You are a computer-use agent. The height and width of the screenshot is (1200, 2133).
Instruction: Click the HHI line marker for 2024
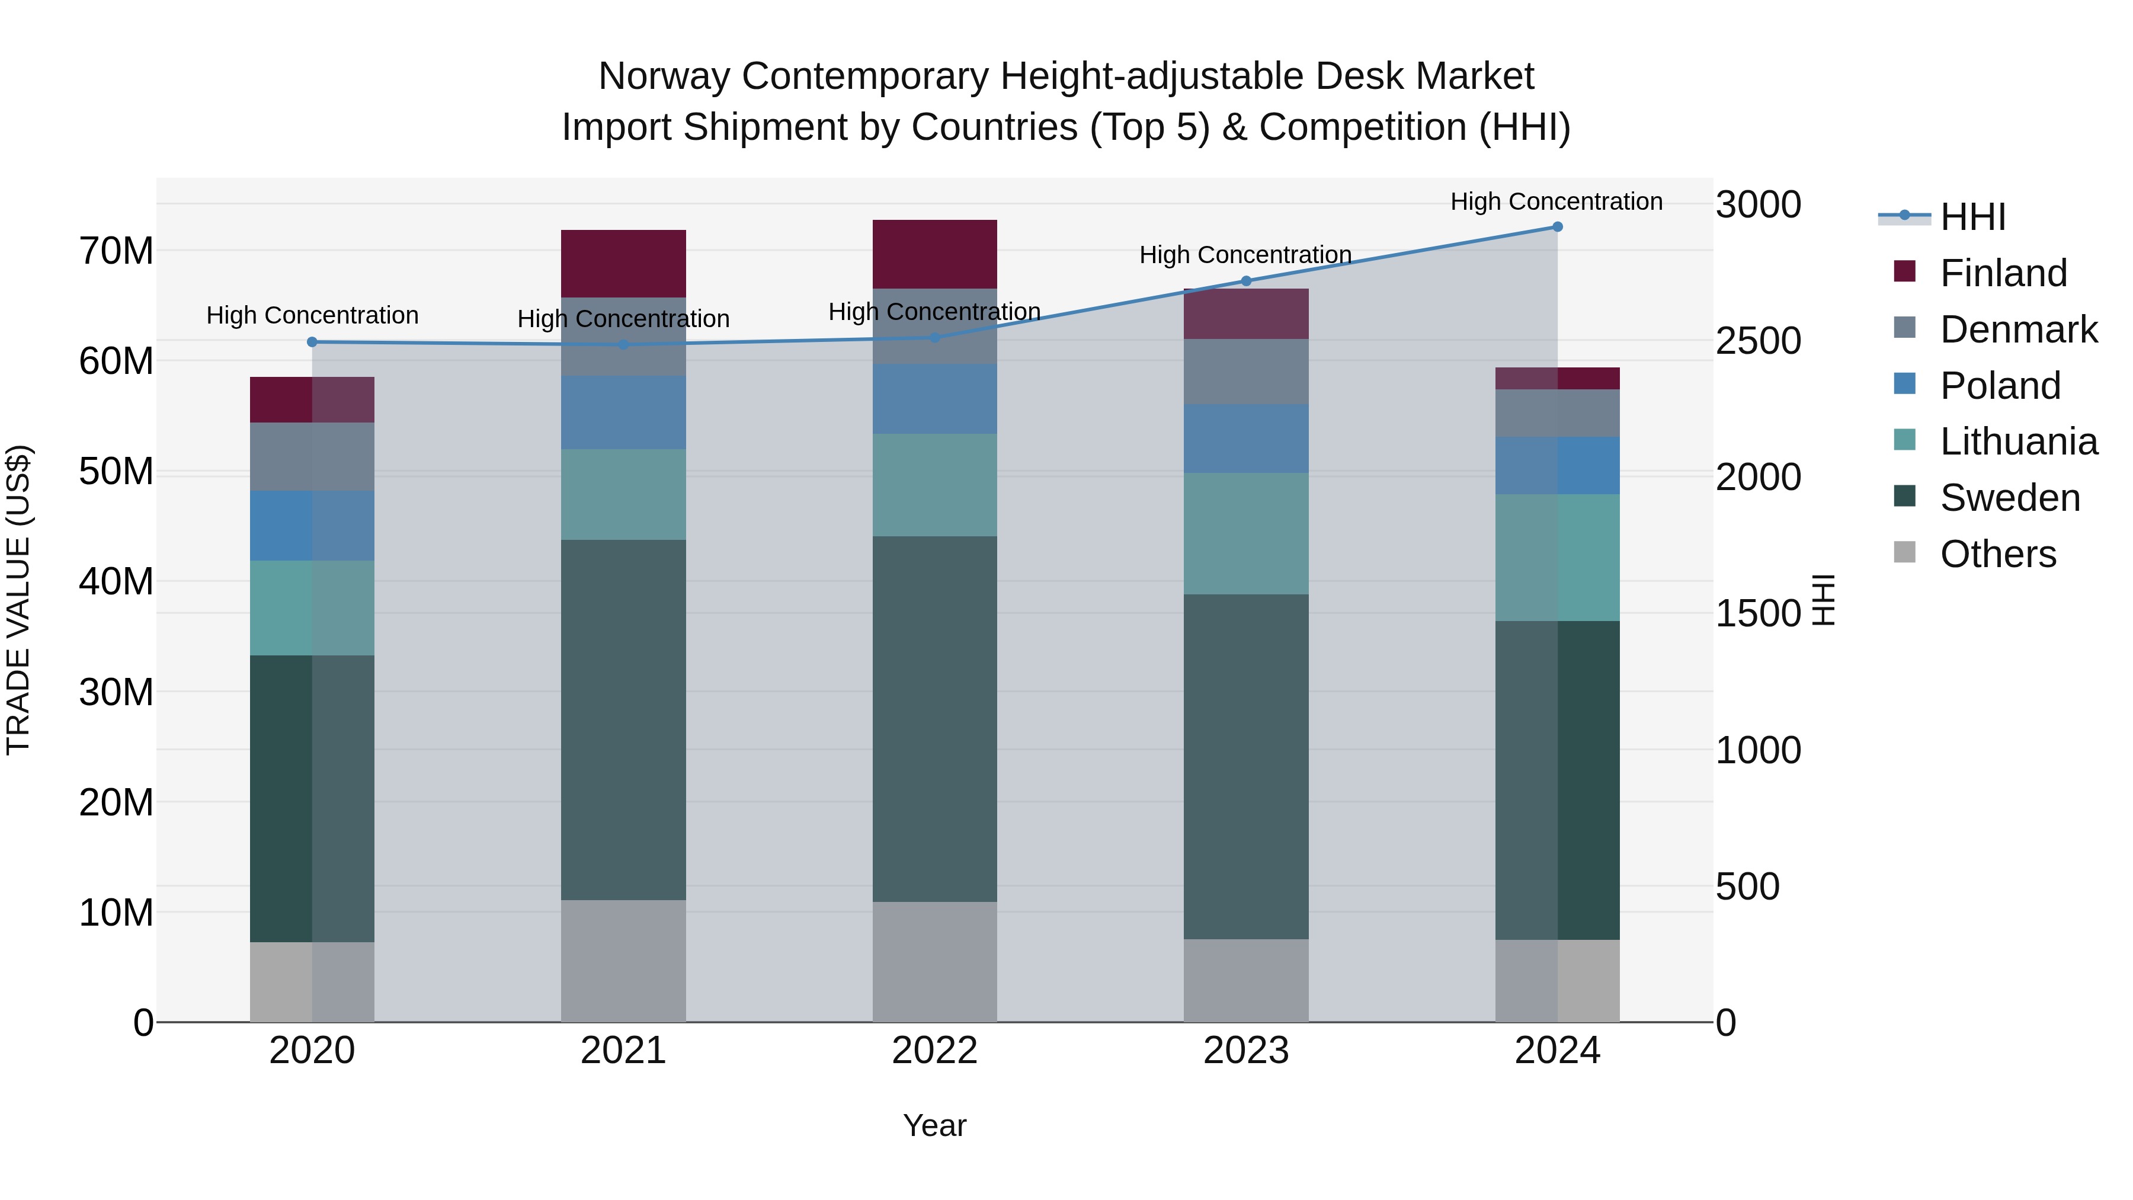(x=1556, y=227)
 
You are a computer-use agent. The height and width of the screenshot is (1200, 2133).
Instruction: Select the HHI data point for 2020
(x=312, y=342)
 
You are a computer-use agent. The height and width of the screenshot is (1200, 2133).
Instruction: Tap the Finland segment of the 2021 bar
(x=623, y=263)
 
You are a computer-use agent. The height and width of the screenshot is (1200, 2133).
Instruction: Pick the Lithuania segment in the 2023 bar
(x=1246, y=533)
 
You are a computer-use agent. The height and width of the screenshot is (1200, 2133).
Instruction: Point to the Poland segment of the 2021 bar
(x=623, y=412)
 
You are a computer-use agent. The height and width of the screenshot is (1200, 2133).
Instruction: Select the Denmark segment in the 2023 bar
(x=1246, y=371)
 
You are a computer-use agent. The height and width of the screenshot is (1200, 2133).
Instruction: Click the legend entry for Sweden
(x=2010, y=498)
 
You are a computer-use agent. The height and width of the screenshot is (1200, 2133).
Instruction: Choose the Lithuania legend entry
(x=2019, y=442)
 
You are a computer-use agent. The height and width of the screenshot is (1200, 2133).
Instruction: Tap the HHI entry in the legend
(x=1972, y=217)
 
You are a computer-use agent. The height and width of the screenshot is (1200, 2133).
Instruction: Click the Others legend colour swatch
(x=1904, y=552)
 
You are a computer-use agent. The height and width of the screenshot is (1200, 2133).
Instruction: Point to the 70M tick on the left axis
(x=116, y=251)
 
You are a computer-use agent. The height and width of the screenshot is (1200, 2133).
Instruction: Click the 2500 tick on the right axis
(x=1758, y=341)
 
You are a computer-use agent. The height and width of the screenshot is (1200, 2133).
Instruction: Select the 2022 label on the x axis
(x=935, y=1051)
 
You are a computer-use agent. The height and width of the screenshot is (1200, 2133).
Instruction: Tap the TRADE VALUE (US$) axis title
(x=18, y=600)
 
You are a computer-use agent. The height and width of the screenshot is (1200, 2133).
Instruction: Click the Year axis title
(x=935, y=1125)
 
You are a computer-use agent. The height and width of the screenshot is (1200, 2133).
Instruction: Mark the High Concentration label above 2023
(x=1245, y=255)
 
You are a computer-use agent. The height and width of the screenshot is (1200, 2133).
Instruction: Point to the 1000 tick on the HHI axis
(x=1758, y=750)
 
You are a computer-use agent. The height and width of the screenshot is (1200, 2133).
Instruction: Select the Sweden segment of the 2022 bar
(x=935, y=719)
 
